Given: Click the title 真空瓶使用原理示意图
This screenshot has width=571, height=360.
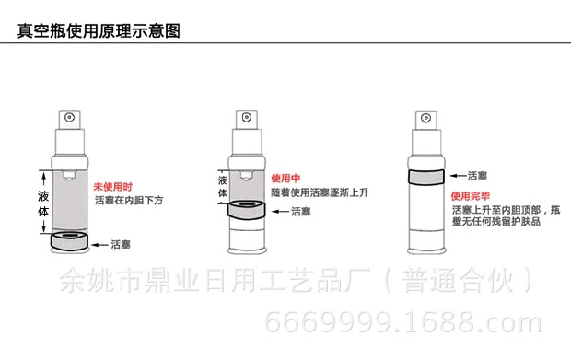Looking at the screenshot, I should click(99, 30).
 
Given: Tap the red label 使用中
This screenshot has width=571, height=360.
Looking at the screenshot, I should click(284, 177).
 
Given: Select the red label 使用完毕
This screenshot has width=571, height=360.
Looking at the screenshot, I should click(467, 196).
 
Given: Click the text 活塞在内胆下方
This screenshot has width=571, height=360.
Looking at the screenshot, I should click(129, 199).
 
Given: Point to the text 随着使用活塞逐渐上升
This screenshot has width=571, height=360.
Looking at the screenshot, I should click(318, 191).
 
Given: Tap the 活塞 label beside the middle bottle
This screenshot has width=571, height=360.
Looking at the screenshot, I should click(300, 212).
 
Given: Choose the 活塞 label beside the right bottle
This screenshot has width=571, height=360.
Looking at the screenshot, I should click(478, 176).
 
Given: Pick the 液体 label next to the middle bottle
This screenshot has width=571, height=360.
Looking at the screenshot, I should click(222, 187).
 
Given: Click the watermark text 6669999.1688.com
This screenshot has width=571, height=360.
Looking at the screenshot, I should click(402, 323).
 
